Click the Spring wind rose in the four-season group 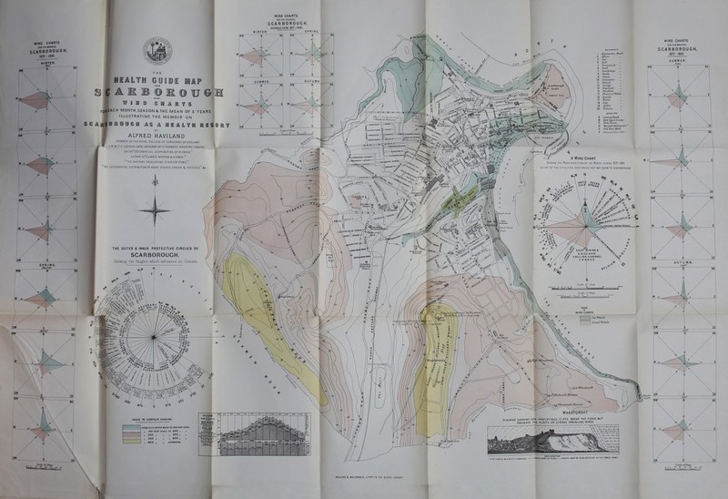click(313, 57)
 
